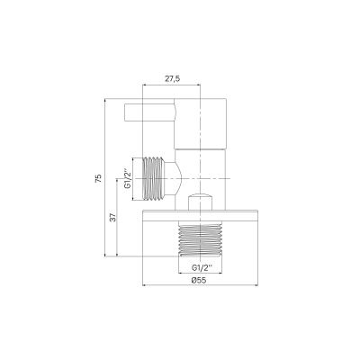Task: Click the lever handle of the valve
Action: (148, 115)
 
